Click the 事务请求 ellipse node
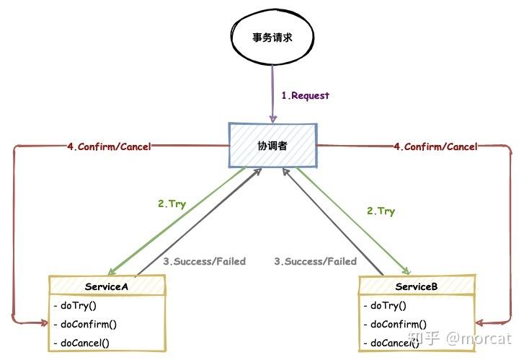pos(272,39)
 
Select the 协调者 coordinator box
pos(272,145)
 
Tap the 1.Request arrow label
pos(305,95)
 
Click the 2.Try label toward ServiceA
pos(172,204)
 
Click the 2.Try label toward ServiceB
pos(381,211)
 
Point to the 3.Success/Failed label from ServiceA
pos(204,261)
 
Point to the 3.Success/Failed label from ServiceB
pos(315,261)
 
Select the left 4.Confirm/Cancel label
pos(107,146)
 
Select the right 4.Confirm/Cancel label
pos(435,146)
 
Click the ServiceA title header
pos(107,286)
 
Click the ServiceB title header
pos(417,286)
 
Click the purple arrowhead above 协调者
pos(272,118)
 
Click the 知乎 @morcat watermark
pos(459,338)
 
